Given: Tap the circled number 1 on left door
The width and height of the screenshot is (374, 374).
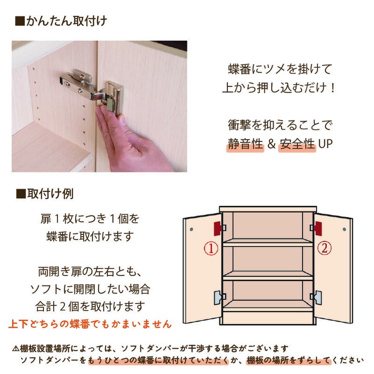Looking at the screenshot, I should (x=212, y=248).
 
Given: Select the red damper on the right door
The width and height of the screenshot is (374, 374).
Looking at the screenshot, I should (x=318, y=228).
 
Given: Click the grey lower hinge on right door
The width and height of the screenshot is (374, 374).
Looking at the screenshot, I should (x=317, y=297).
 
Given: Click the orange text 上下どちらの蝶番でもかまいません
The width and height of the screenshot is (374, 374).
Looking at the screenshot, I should (x=90, y=324).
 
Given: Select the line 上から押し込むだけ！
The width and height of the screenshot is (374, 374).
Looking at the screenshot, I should (x=279, y=88).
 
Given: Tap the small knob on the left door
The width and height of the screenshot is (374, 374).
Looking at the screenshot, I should (x=192, y=229).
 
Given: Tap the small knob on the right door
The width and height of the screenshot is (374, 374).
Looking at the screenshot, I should (x=345, y=230).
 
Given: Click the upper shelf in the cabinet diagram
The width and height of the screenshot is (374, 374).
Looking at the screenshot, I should (x=268, y=243).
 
